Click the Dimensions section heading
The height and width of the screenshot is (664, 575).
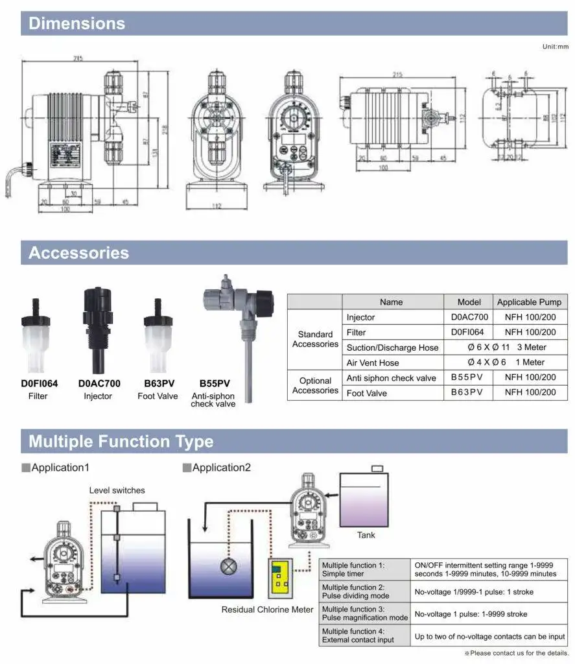click(x=77, y=24)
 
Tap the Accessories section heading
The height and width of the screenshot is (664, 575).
click(x=78, y=253)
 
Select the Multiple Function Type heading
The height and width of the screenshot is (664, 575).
click(x=121, y=442)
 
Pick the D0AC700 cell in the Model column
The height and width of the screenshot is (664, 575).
click(x=469, y=317)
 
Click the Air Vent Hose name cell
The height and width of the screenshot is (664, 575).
click(x=373, y=362)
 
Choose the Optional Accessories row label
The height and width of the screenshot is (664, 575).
click(x=315, y=385)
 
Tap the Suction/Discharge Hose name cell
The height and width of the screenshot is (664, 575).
click(x=392, y=348)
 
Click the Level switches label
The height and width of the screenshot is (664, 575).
click(x=117, y=490)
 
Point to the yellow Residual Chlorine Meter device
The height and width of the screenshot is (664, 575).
click(x=280, y=577)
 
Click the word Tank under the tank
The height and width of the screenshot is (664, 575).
click(x=366, y=535)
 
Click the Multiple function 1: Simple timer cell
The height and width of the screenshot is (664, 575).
click(x=364, y=569)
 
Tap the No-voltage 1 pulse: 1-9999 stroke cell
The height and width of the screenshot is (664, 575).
click(x=489, y=614)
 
